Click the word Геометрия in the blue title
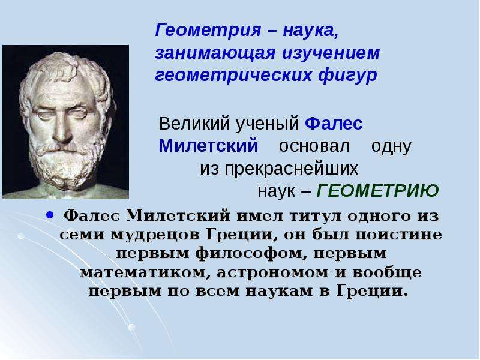[x=208, y=31]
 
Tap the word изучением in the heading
[x=331, y=53]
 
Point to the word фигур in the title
[x=347, y=76]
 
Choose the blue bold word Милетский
[x=208, y=146]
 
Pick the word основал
[x=314, y=146]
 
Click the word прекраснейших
[x=292, y=169]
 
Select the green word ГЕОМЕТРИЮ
[x=377, y=191]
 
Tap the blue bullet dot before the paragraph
[x=50, y=215]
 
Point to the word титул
[x=316, y=216]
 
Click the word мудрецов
[x=155, y=235]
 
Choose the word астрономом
[x=272, y=272]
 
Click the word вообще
[x=387, y=272]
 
